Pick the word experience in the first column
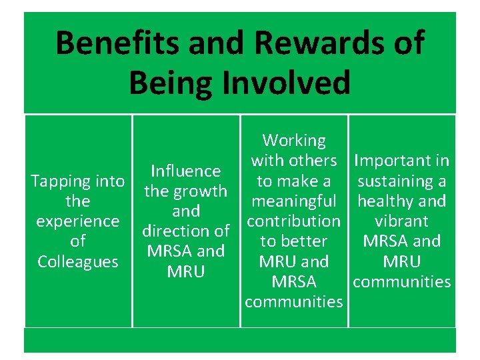78,221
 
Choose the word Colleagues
78,261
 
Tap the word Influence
186,171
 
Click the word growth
200,191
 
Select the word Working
294,141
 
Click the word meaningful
294,201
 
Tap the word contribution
294,221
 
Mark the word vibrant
402,221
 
